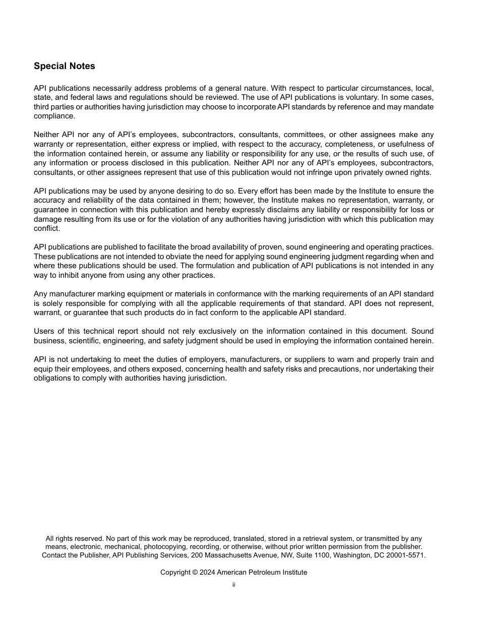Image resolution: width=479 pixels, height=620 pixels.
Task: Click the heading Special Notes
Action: pos(64,66)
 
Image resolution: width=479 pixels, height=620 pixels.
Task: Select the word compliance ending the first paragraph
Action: pos(54,116)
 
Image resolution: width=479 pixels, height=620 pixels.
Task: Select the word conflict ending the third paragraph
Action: pos(46,228)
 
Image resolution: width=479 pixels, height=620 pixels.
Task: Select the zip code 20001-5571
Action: pos(405,555)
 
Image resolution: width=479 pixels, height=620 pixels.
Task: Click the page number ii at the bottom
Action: pos(233,585)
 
